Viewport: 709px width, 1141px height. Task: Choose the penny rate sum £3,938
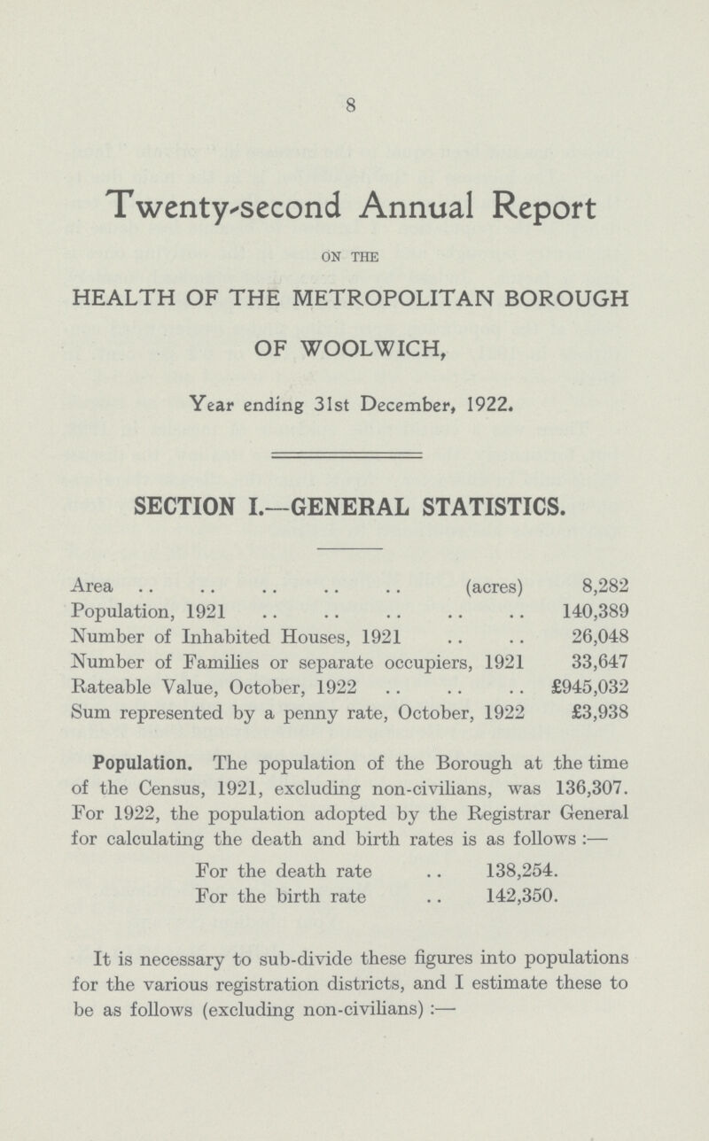pos(596,709)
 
